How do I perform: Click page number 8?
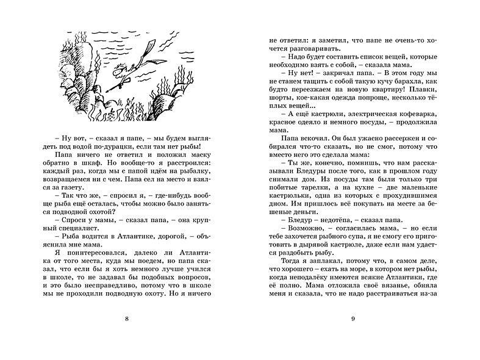pyautogui.click(x=126, y=334)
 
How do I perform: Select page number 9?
pyautogui.click(x=353, y=334)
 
